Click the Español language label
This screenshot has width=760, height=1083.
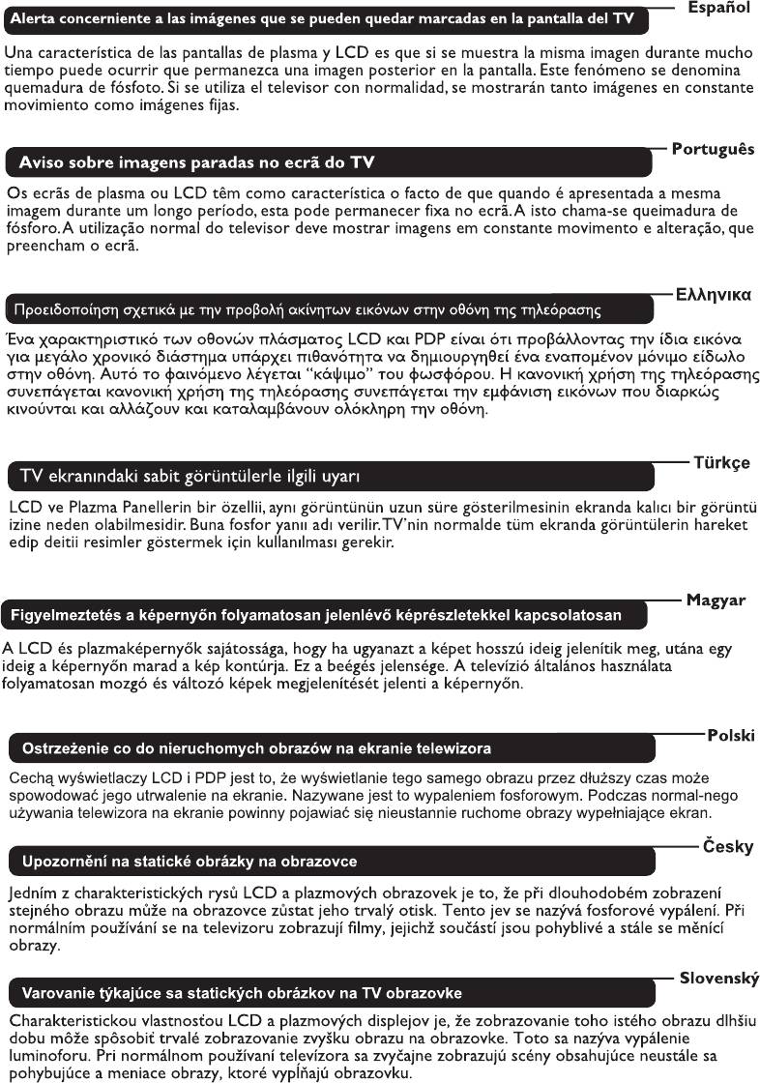[x=718, y=8]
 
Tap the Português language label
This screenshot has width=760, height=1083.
[x=713, y=150]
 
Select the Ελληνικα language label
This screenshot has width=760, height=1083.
[x=714, y=294]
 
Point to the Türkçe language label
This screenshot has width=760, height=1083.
[x=721, y=462]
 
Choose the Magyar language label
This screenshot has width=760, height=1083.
[x=716, y=600]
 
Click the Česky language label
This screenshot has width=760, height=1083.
[x=727, y=846]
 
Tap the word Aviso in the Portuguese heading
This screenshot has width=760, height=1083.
[x=42, y=161]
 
